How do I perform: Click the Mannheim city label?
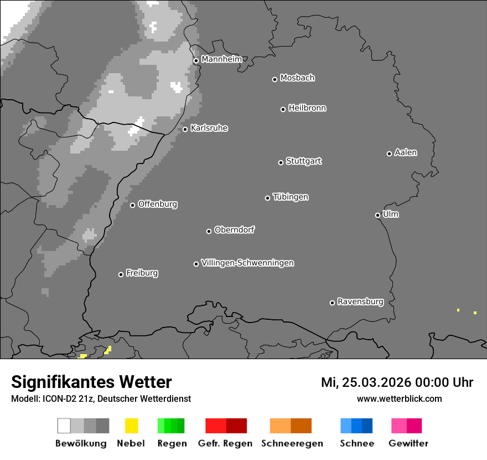221,59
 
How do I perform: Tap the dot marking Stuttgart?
281,162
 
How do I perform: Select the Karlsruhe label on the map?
209,128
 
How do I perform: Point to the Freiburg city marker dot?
121,274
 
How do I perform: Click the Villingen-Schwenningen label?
247,263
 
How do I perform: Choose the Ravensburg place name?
360,301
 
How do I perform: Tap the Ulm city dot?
377,215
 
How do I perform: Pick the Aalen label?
406,152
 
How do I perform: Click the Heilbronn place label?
307,108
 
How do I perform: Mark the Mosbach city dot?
274,79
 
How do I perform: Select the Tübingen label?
291,197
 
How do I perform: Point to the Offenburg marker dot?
132,205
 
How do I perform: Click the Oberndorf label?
234,229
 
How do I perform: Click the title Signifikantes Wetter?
91,382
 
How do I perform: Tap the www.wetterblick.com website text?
399,398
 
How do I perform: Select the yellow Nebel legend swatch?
131,426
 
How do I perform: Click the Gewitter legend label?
408,443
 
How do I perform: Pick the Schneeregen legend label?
292,443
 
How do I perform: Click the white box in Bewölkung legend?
64,426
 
